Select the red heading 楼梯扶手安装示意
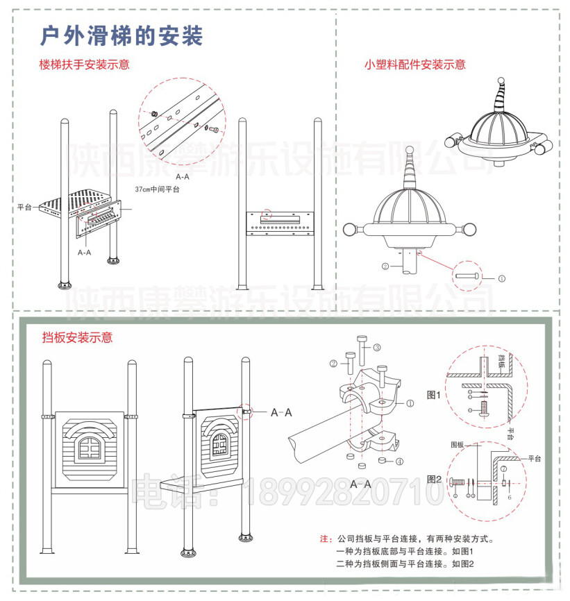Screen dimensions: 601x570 (84, 65)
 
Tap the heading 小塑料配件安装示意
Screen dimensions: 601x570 (414, 65)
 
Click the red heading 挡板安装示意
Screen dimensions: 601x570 (77, 338)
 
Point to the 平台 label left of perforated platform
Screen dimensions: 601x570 (24, 207)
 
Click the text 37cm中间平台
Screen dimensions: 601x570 (157, 189)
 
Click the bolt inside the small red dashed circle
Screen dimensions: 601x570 (467, 276)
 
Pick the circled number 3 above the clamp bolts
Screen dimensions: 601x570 (377, 347)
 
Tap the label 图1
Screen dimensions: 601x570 (434, 394)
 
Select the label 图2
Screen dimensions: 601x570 (434, 479)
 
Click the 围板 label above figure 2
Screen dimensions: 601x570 (456, 445)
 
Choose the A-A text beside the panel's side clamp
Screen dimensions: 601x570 (280, 412)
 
